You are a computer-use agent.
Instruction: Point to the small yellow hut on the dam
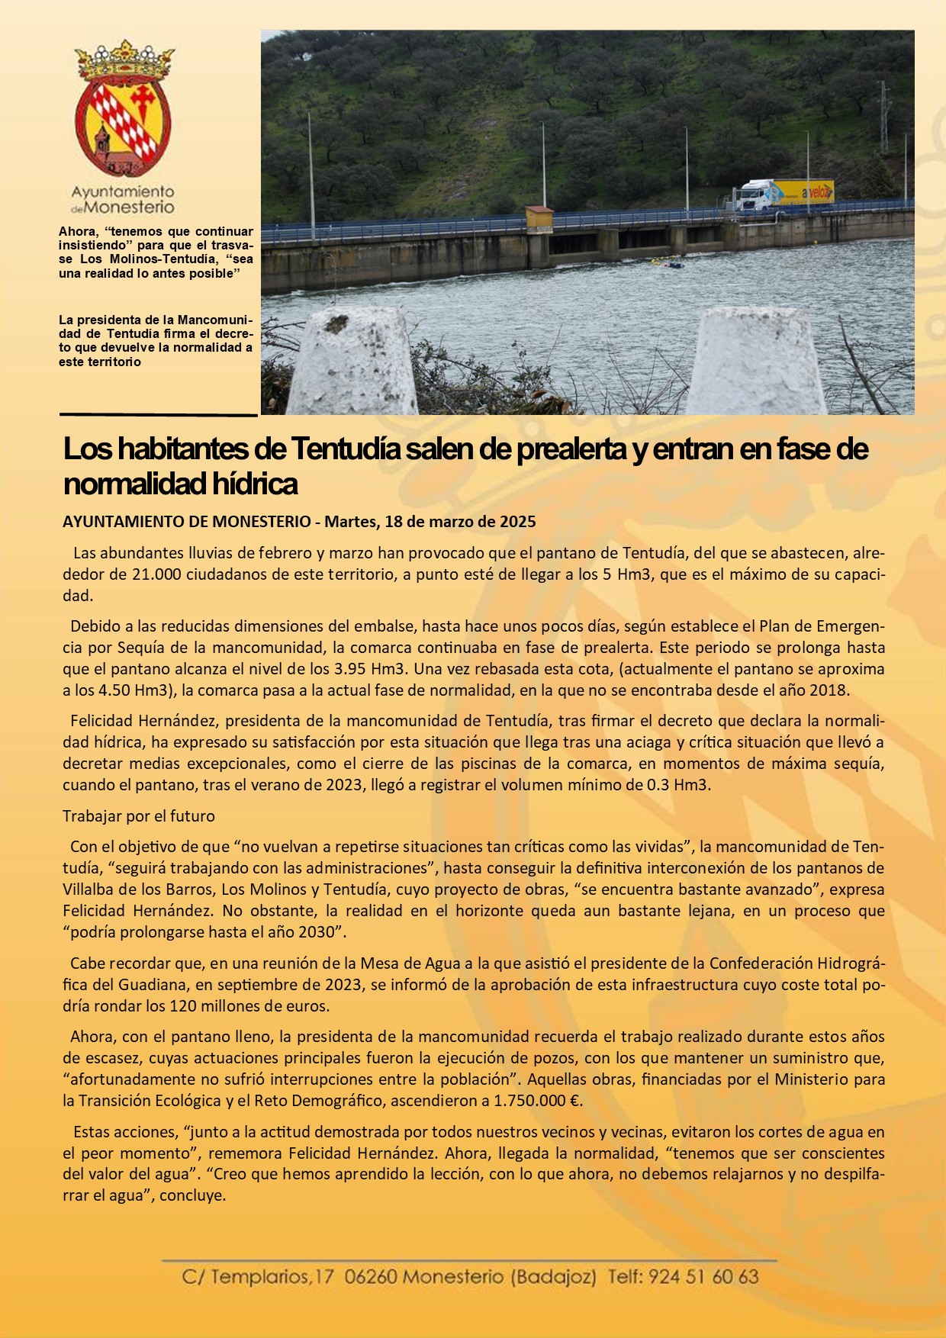pos(539,218)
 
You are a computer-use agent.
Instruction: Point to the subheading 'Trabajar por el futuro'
pos(139,815)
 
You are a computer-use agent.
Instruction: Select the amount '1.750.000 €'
pos(538,1100)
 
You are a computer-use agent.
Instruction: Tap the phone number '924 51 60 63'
pos(703,1276)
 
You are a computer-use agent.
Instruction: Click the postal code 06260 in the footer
pos(371,1276)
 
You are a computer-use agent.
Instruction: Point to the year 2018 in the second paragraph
pos(829,690)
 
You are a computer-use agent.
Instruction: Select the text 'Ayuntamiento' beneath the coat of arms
pos(123,191)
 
